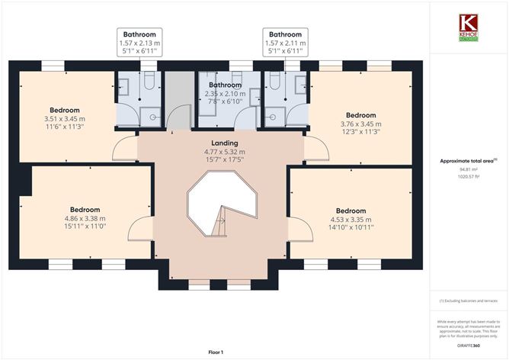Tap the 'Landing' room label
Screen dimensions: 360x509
tap(225, 143)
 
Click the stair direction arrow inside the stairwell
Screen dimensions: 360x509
tap(221, 221)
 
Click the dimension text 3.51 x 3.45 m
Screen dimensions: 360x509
tap(65, 118)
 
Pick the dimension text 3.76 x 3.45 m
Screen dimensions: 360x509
tap(361, 124)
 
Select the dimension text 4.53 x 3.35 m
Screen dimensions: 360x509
tap(351, 220)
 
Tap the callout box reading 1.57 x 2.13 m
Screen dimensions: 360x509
tap(139, 45)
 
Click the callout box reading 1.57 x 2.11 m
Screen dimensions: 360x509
tap(285, 45)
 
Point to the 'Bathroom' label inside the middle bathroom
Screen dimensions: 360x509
tap(226, 85)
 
